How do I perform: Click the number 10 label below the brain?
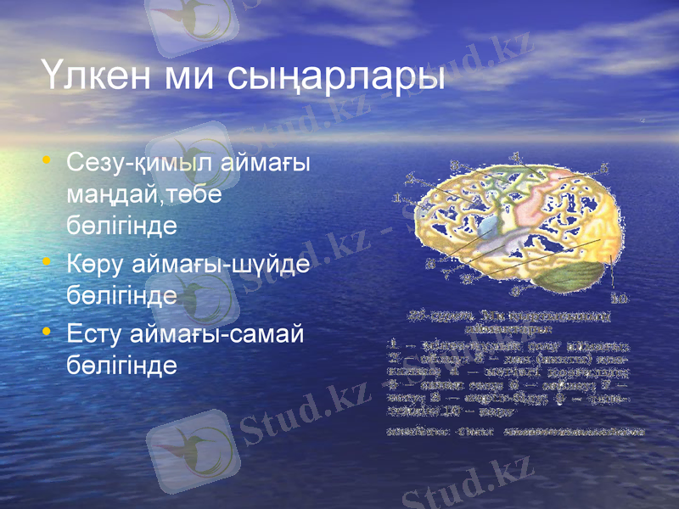(x=620, y=298)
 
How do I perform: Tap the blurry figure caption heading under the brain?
(x=509, y=319)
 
